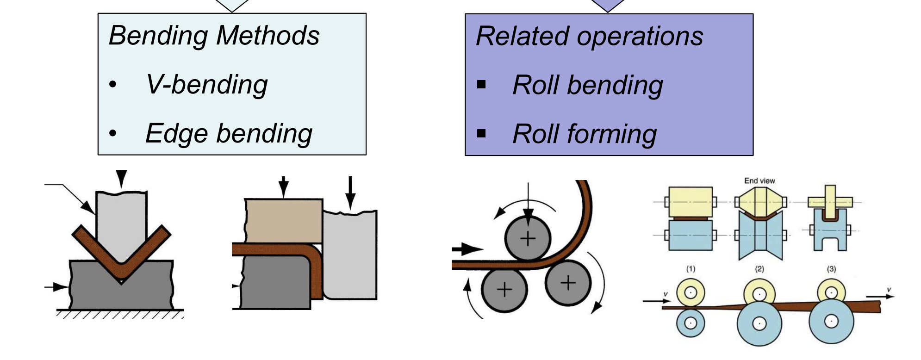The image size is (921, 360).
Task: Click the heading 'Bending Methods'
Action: pyautogui.click(x=214, y=36)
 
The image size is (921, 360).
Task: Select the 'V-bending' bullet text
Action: pyautogui.click(x=206, y=85)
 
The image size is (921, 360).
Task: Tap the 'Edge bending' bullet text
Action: pyautogui.click(x=229, y=134)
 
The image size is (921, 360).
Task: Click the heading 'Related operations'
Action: pyautogui.click(x=589, y=37)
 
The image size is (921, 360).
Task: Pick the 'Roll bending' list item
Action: pyautogui.click(x=587, y=86)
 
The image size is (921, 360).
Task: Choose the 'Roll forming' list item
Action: pyautogui.click(x=585, y=135)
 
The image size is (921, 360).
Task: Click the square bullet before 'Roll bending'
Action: pyautogui.click(x=481, y=85)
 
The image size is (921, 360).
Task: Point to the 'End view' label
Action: pyautogui.click(x=759, y=181)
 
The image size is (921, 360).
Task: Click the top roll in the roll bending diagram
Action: pyautogui.click(x=528, y=239)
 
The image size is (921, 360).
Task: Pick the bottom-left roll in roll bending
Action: pyautogui.click(x=504, y=290)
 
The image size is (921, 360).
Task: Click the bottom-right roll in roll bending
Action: pyautogui.click(x=568, y=282)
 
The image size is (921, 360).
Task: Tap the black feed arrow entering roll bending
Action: pyautogui.click(x=467, y=249)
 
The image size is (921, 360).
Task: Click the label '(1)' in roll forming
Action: pyautogui.click(x=691, y=269)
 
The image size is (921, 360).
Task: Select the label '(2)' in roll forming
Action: pyautogui.click(x=759, y=269)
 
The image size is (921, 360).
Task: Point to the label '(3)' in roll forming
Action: pyautogui.click(x=831, y=269)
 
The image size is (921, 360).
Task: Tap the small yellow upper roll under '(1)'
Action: pyautogui.click(x=691, y=292)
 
